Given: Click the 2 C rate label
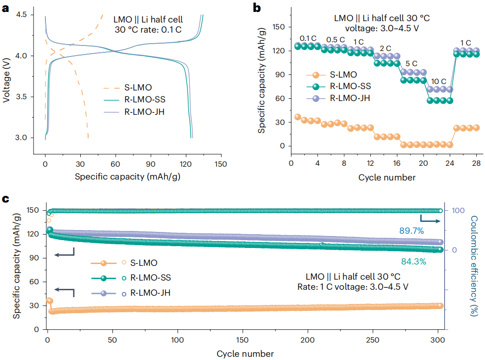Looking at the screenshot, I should coord(385,49).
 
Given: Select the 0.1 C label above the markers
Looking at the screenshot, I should coord(308,38).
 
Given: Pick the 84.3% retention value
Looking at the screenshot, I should coord(414,262).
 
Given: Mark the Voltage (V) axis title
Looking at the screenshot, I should coord(7,76).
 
